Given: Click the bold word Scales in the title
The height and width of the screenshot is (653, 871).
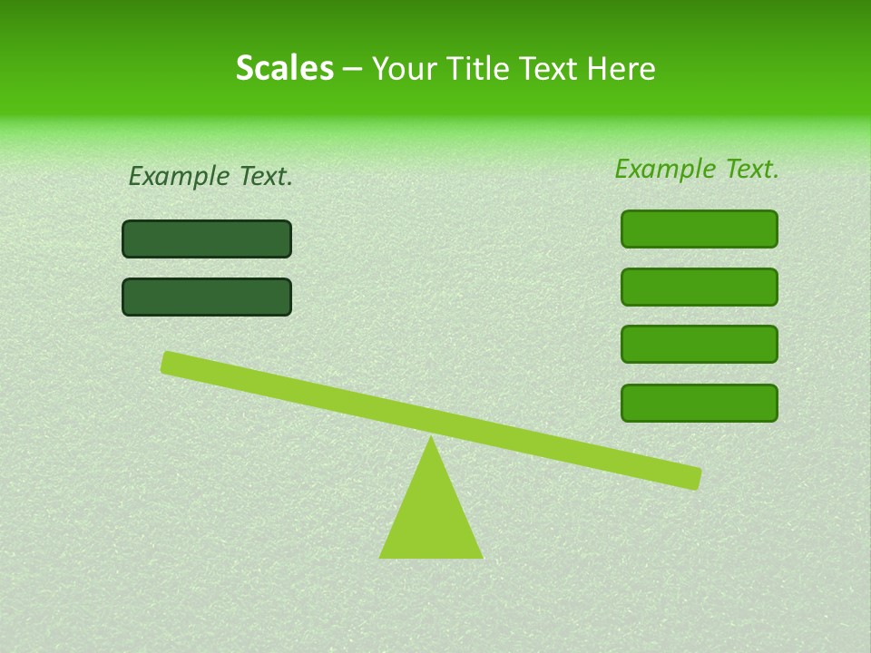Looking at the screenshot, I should pyautogui.click(x=284, y=68).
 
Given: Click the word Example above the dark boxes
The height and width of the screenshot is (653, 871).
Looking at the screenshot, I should pyautogui.click(x=180, y=177).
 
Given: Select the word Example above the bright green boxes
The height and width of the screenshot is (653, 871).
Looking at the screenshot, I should pyautogui.click(x=666, y=169).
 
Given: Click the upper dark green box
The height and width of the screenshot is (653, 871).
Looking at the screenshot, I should pyautogui.click(x=207, y=239).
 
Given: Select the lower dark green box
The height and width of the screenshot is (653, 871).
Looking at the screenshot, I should pyautogui.click(x=207, y=297).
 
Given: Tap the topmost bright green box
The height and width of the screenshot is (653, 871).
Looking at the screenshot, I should pyautogui.click(x=700, y=229).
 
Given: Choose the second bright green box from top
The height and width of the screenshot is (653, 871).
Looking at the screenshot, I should pyautogui.click(x=700, y=287).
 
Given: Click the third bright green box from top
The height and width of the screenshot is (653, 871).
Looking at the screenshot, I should pyautogui.click(x=700, y=344).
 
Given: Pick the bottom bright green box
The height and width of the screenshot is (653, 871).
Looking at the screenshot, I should pyautogui.click(x=700, y=403).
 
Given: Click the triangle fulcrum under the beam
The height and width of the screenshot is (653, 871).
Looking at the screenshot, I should pyautogui.click(x=431, y=517).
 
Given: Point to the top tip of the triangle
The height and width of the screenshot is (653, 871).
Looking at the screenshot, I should pyautogui.click(x=431, y=440).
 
